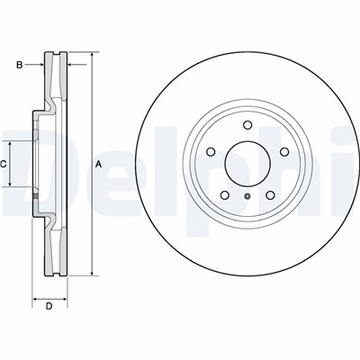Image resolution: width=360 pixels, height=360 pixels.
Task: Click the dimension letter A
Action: (99, 164)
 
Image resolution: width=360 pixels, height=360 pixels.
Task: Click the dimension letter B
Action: (20, 65)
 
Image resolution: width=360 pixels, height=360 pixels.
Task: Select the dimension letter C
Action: (3, 164)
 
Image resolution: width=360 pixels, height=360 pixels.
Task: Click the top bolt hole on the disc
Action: (247, 125)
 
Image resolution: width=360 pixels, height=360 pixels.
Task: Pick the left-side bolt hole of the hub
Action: (211, 152)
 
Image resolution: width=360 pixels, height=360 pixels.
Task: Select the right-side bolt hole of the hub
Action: (284, 152)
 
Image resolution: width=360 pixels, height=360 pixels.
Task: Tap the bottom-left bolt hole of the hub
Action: (225, 195)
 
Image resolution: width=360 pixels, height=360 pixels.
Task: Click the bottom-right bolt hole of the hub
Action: (270, 195)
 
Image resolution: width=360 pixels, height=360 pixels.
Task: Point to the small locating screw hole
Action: (247, 196)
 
